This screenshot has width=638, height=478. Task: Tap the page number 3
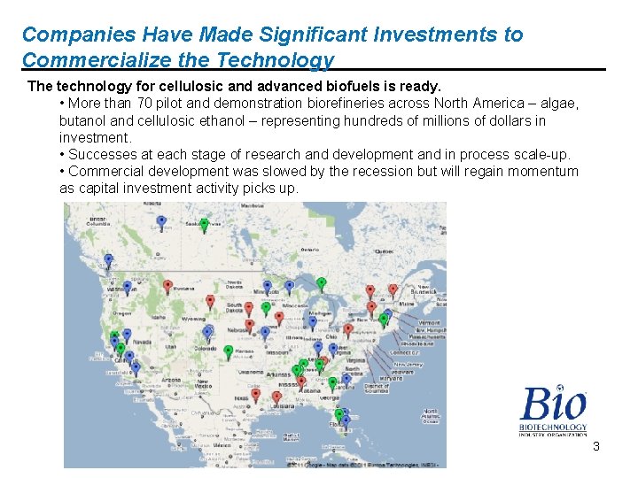[596, 446]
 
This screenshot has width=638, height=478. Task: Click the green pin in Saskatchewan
[204, 224]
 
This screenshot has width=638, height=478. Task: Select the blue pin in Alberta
[160, 220]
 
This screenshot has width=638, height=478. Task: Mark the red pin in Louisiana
[277, 397]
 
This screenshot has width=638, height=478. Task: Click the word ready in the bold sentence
[420, 87]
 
